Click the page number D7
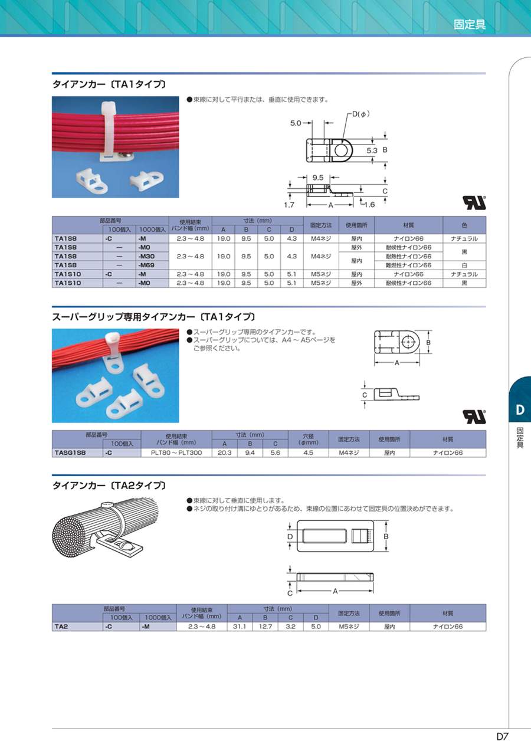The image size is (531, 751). tap(503, 736)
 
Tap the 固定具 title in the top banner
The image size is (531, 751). tap(469, 24)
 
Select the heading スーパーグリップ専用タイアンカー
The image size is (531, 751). tap(123, 317)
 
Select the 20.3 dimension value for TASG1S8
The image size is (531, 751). tap(224, 452)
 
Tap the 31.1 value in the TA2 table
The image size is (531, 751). tap(240, 627)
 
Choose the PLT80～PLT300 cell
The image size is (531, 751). tap(176, 452)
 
